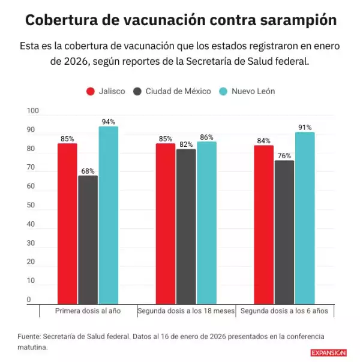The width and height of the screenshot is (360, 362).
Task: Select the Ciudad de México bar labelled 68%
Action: click(88, 240)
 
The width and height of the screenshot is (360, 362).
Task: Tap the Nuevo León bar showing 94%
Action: click(108, 215)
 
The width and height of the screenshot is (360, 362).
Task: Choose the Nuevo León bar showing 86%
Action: click(206, 223)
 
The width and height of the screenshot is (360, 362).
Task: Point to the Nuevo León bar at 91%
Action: click(305, 218)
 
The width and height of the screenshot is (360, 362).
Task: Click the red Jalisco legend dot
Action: click(91, 91)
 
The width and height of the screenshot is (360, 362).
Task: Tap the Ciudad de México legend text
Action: click(178, 91)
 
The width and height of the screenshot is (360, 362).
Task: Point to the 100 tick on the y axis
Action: click(32, 111)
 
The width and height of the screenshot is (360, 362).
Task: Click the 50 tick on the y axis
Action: click(31, 206)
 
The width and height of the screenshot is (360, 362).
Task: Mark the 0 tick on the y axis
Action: click(28, 300)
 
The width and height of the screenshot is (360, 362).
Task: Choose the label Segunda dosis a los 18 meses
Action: click(185, 312)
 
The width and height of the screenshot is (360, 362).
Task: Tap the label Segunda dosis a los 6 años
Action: click(284, 312)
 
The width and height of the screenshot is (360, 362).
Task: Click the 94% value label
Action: click(108, 122)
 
